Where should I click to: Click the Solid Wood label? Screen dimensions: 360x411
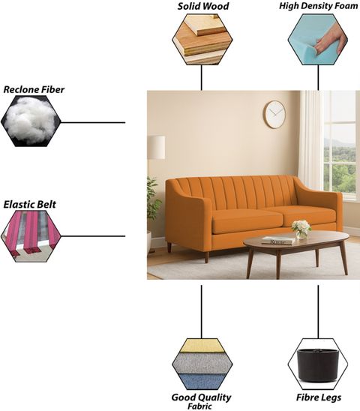(x=203, y=6)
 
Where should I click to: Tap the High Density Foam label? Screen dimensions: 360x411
(x=318, y=6)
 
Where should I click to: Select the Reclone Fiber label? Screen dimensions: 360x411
(x=34, y=90)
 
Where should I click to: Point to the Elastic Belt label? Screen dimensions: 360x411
(x=30, y=205)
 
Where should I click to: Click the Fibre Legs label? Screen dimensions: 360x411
(x=319, y=397)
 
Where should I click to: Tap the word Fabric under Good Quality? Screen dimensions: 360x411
(x=199, y=406)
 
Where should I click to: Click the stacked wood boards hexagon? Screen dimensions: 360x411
(x=202, y=39)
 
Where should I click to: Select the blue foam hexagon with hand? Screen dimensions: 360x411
(x=318, y=39)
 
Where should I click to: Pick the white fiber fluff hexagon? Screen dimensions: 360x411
(x=31, y=121)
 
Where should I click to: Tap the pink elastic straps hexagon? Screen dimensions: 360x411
(x=31, y=236)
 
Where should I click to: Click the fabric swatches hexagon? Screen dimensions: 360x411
(x=202, y=364)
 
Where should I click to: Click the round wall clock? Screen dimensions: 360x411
(x=274, y=115)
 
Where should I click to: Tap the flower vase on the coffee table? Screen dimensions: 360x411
(x=301, y=229)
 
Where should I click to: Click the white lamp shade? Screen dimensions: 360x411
(x=156, y=147)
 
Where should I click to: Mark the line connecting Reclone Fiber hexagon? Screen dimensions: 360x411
(x=93, y=122)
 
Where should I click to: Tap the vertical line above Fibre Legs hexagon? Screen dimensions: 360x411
(x=318, y=312)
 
